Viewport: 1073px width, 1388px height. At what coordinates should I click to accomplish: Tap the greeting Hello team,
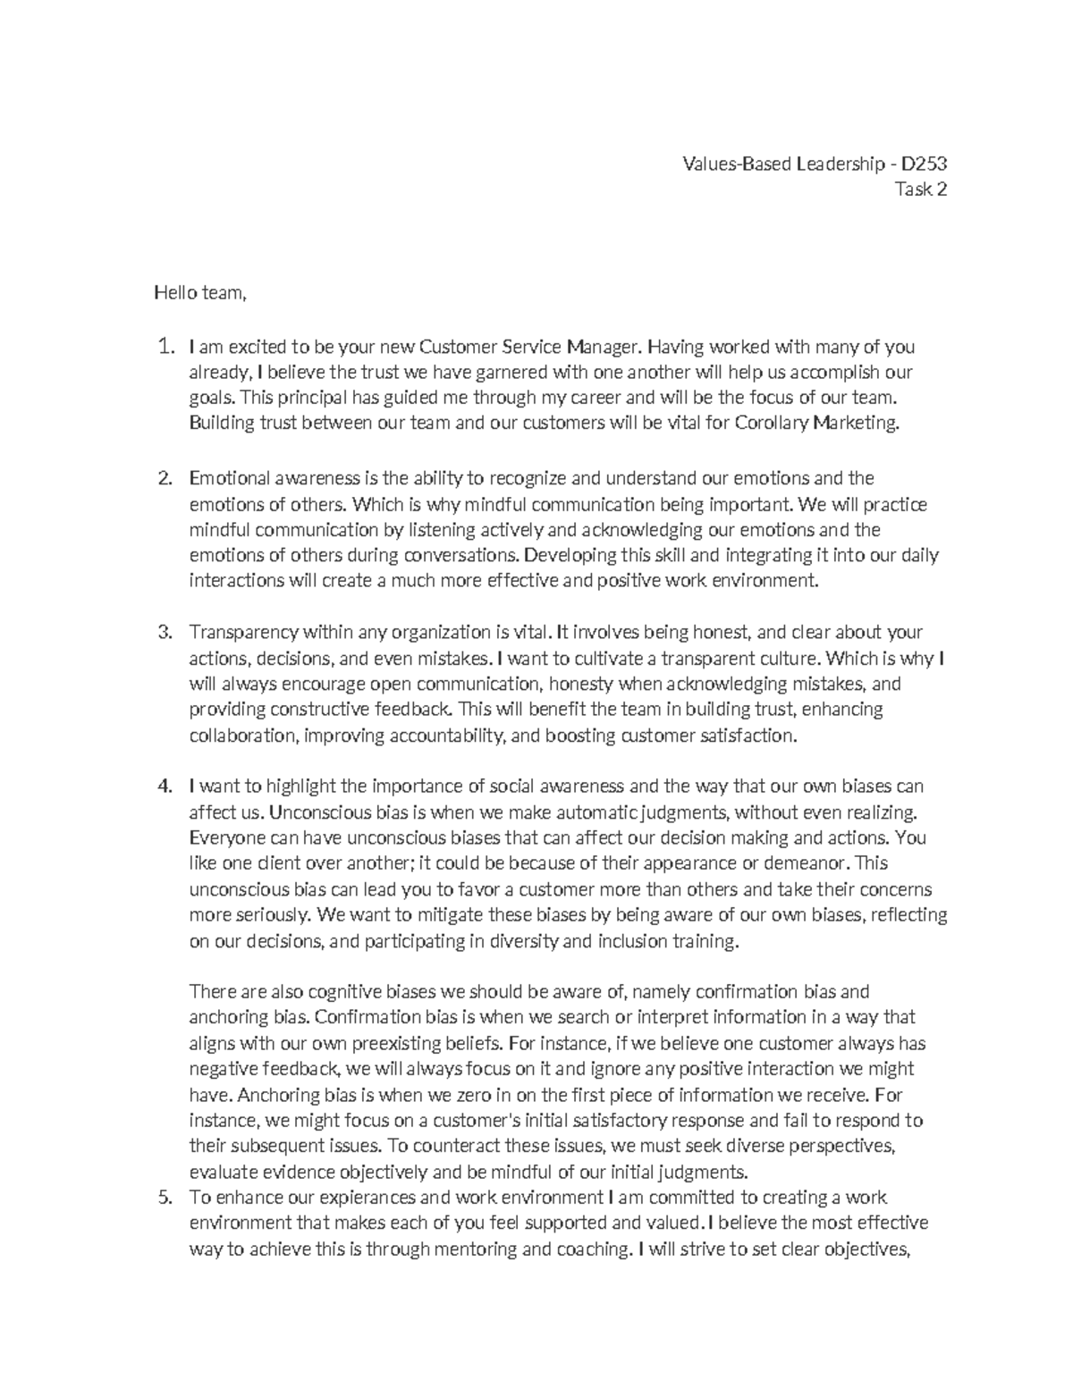(199, 293)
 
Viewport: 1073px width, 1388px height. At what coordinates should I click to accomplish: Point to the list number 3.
(164, 633)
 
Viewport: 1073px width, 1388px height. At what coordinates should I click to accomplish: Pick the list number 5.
(164, 1198)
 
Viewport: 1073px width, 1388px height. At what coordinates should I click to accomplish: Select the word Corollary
(770, 424)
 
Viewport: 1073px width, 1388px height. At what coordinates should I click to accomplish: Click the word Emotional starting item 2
(230, 478)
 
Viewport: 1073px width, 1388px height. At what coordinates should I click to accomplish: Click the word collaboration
(242, 736)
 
